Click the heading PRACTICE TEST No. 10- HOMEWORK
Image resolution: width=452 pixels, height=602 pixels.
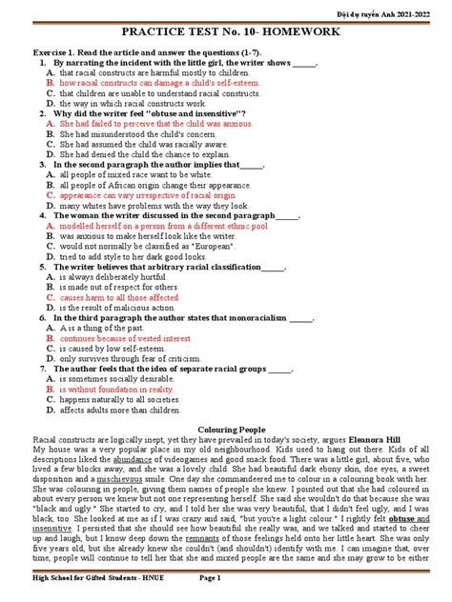pos(225,32)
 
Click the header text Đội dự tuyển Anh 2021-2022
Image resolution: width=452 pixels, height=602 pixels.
pos(401,8)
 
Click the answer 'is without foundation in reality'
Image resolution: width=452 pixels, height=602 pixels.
pos(117,391)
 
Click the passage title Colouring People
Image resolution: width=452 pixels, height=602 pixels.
pos(226,431)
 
